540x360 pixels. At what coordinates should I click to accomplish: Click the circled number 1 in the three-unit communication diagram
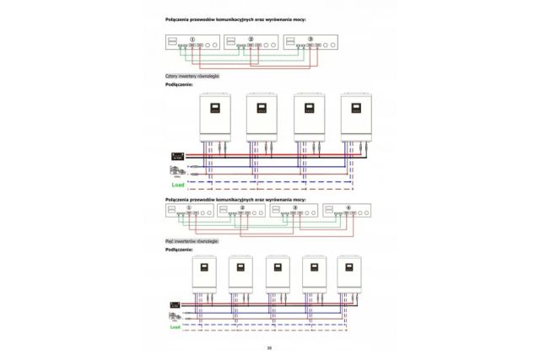click(x=193, y=39)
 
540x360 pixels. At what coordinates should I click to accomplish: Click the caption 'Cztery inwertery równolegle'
click(x=192, y=76)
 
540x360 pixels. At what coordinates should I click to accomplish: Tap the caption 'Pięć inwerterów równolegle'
click(x=192, y=240)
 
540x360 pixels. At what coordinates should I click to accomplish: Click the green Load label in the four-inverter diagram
click(x=177, y=184)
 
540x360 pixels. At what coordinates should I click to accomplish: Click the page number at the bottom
click(x=269, y=347)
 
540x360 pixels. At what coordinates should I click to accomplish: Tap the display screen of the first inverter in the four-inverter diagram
click(x=215, y=110)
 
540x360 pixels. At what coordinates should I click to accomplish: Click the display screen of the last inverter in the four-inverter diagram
click(x=356, y=110)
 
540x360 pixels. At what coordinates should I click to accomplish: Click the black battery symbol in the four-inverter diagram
click(x=178, y=156)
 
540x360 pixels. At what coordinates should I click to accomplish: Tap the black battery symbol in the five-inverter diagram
click(x=175, y=303)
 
